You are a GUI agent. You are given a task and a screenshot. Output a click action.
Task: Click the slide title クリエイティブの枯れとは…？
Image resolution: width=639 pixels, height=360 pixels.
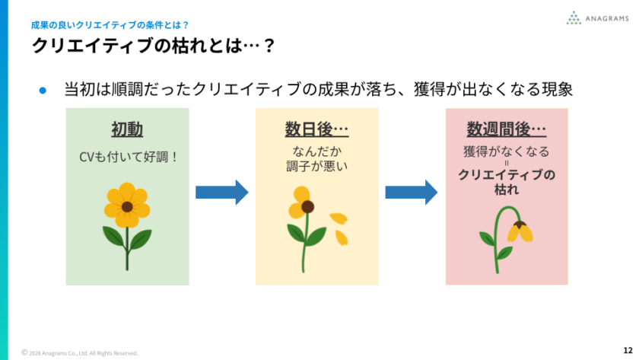point(152,46)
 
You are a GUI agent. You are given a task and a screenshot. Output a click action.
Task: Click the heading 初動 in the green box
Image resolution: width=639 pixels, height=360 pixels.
point(127,129)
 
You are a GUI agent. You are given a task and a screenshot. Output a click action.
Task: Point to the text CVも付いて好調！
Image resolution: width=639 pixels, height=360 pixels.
point(128,158)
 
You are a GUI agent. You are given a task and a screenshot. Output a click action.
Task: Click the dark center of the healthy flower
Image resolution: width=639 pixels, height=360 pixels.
point(127,206)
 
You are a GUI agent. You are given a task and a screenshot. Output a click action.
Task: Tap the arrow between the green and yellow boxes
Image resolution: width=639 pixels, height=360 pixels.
point(222,193)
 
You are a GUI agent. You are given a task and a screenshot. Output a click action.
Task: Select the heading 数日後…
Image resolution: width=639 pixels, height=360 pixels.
point(316,129)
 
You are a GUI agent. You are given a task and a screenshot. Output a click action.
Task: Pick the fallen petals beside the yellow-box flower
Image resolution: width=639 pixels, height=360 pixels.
point(339,227)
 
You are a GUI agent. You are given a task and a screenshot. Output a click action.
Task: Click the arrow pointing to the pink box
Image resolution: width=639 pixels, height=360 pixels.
point(412,193)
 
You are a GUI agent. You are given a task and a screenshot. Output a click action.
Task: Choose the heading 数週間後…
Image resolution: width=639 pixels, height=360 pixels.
point(507,129)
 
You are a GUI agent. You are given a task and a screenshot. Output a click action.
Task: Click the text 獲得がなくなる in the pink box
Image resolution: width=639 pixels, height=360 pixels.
point(507,151)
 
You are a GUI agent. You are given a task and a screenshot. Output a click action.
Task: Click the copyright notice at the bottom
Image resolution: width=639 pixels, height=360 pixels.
point(80,353)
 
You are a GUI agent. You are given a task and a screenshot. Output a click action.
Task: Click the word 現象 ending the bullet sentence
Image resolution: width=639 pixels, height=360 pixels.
point(555,90)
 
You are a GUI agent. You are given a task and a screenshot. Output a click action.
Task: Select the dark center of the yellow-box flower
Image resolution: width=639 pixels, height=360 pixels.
point(307,206)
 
